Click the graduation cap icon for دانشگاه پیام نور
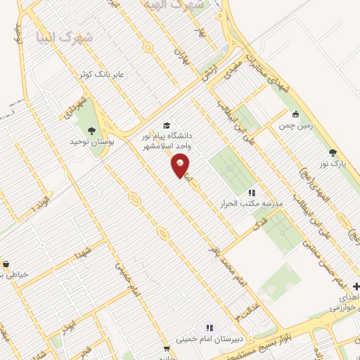pyautogui.click(x=167, y=124)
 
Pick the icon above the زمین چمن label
pyautogui.click(x=295, y=114)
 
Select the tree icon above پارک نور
pyautogui.click(x=332, y=153)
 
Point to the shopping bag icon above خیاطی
pyautogui.click(x=6, y=264)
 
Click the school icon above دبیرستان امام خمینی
pyautogui.click(x=209, y=328)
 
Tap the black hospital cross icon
pyautogui.click(x=356, y=287)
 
